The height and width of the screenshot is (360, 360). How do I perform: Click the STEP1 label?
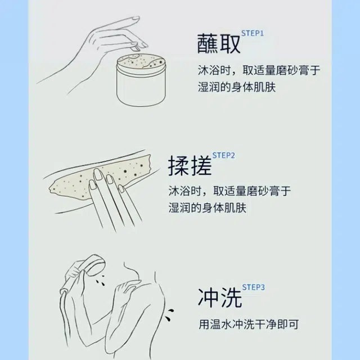pos(253,33)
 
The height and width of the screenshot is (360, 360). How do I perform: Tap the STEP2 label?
pos(223,155)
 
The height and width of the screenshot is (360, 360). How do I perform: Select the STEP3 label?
pos(253,287)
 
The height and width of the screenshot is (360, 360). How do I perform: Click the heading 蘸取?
pos(219,44)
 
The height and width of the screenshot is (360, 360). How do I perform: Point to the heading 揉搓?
pos(190,165)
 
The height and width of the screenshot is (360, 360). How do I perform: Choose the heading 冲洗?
pos(220,298)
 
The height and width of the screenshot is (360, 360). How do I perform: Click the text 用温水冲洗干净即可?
pos(249,325)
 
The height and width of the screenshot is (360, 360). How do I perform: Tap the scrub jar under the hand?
pos(141,80)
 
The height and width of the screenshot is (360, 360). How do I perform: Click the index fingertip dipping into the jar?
pos(135,48)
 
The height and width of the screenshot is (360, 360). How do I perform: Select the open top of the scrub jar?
pos(141,62)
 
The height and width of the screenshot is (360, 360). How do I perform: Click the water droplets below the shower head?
pos(100,281)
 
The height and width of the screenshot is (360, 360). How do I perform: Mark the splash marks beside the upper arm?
pos(169,315)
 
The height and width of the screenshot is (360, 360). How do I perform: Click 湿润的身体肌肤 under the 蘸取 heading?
pos(237,87)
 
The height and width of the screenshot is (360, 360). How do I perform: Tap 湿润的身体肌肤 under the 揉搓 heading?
pos(208,208)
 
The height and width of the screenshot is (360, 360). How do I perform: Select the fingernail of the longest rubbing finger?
pos(98,174)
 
